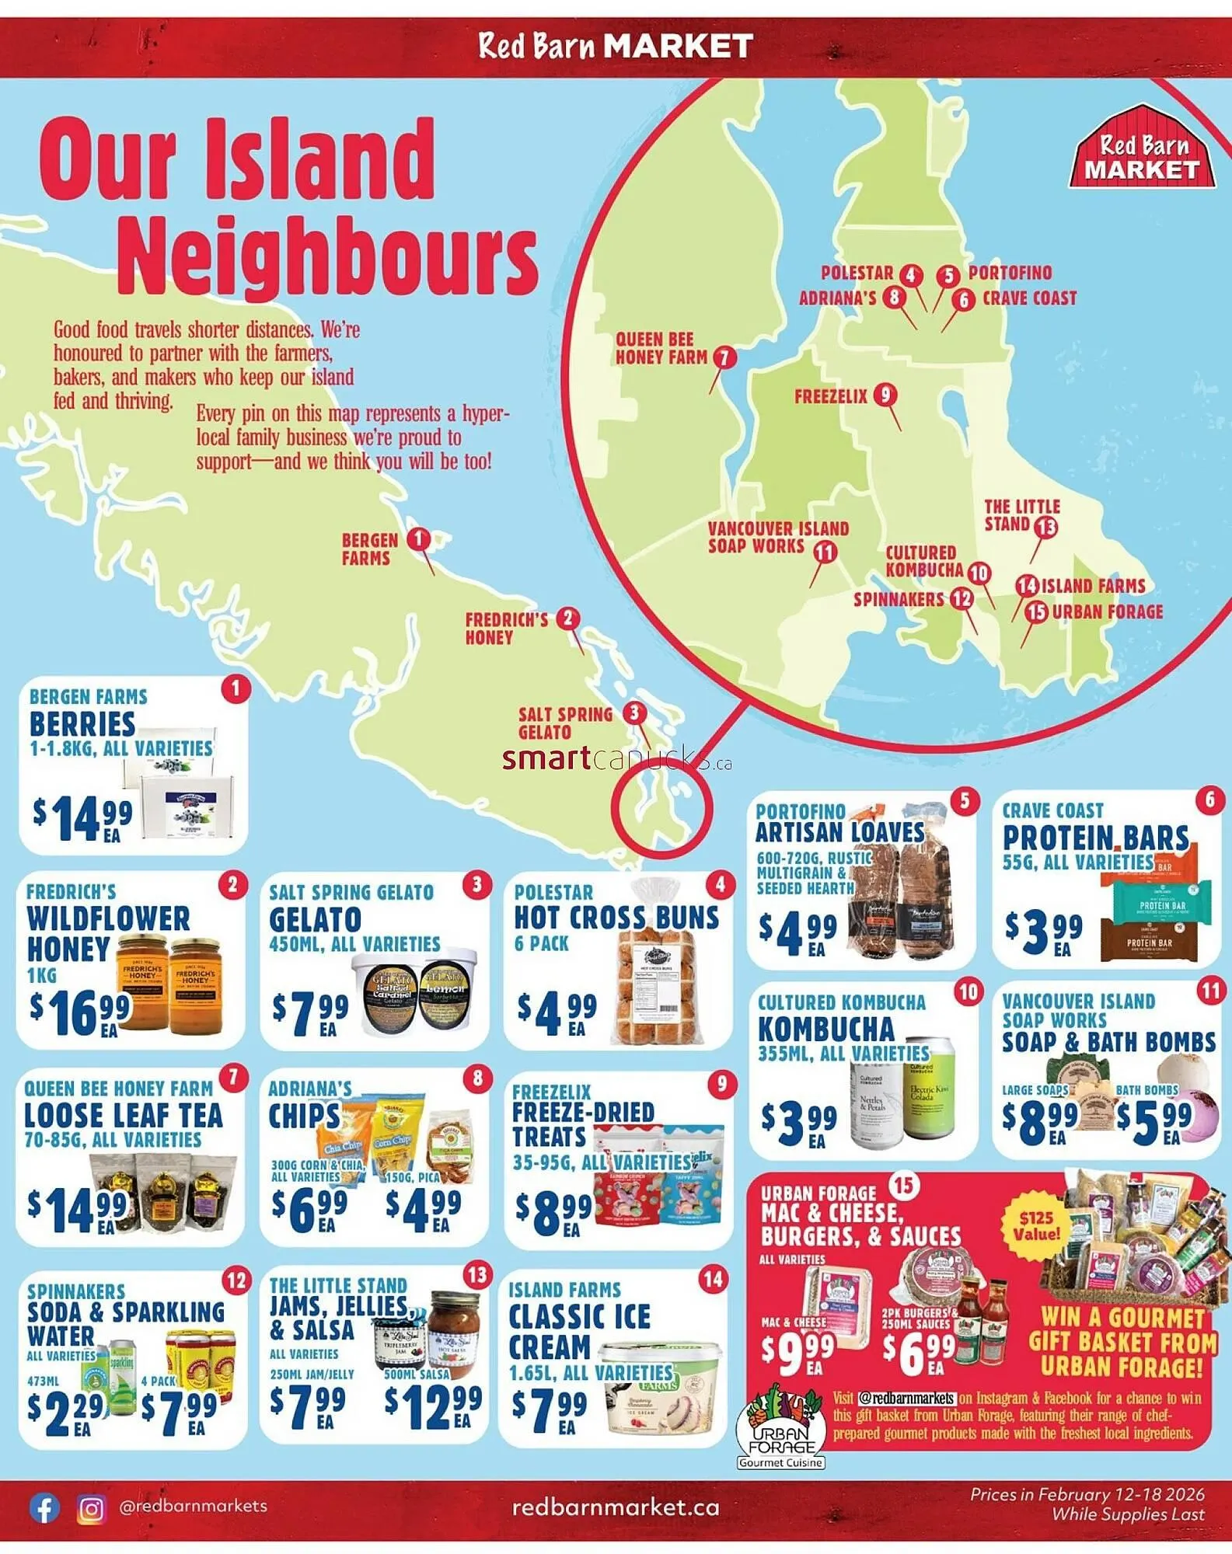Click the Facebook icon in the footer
coord(44,1508)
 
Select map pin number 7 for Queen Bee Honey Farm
coord(724,357)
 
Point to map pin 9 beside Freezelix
coord(885,395)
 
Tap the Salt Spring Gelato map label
coord(565,723)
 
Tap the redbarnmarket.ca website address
coord(616,1507)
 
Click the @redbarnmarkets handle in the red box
coord(906,1398)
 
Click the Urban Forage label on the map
coord(1107,611)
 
